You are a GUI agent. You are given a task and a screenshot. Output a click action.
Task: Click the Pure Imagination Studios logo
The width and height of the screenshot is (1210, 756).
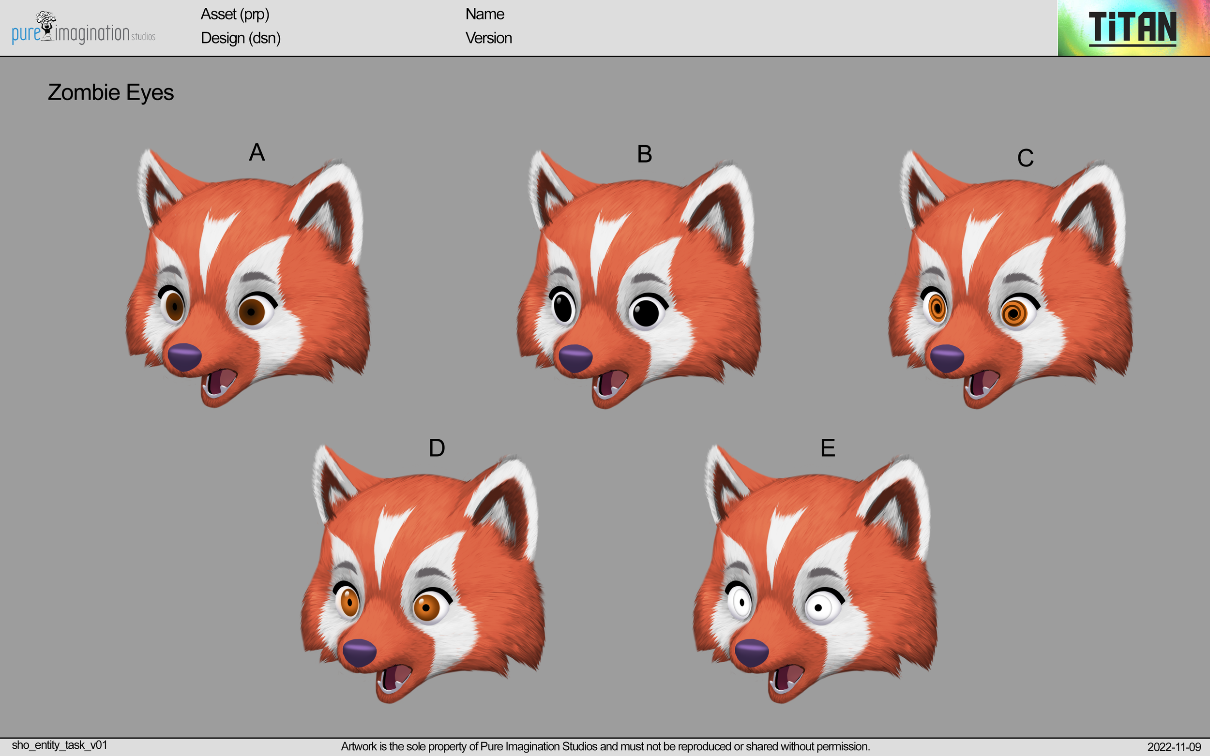click(x=83, y=29)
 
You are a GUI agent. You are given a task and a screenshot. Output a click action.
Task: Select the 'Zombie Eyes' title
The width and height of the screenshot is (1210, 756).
click(x=110, y=92)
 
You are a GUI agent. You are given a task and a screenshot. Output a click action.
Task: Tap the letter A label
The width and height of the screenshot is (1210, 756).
click(x=257, y=152)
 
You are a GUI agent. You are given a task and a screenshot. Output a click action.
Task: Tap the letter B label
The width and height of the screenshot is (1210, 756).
click(x=644, y=154)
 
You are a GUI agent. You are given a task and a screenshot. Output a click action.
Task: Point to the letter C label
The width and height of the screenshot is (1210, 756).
click(x=1025, y=158)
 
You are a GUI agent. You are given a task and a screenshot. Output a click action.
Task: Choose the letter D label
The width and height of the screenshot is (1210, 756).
click(x=437, y=448)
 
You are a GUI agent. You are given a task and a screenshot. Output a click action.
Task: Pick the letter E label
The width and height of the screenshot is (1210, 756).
click(x=828, y=448)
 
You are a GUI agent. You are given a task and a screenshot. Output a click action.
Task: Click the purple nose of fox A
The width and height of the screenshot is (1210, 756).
click(x=184, y=357)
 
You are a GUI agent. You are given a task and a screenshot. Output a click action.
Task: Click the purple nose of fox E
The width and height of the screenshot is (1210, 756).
click(x=751, y=652)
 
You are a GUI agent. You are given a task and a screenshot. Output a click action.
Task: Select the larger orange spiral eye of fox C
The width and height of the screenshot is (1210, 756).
click(x=1014, y=313)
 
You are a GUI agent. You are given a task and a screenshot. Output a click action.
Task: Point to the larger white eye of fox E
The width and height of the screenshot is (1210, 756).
click(x=819, y=608)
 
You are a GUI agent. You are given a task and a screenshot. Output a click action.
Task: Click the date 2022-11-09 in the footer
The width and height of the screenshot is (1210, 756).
click(x=1174, y=747)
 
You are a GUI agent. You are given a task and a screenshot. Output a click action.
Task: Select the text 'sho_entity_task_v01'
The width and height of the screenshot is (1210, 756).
click(x=60, y=745)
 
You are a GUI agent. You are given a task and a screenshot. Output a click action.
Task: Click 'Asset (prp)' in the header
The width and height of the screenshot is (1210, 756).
click(x=235, y=14)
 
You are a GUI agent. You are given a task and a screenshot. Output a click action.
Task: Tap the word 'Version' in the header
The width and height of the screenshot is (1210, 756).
click(x=488, y=38)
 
